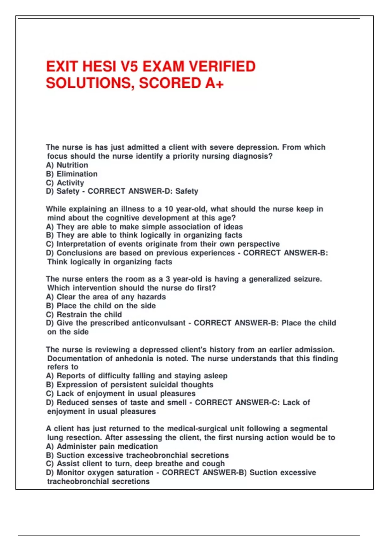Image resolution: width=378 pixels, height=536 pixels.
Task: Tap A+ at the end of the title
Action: coord(214,83)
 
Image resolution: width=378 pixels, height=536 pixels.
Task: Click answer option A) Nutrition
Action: coord(67,165)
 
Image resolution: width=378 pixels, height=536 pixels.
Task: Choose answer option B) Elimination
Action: coord(72,174)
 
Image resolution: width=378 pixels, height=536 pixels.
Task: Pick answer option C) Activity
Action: coord(65,183)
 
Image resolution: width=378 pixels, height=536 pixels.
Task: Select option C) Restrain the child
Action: coord(84,314)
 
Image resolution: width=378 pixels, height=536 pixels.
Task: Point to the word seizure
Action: coord(307,279)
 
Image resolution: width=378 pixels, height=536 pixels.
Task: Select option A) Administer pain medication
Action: coord(102,446)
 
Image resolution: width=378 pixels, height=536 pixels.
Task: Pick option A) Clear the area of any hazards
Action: coord(106,297)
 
